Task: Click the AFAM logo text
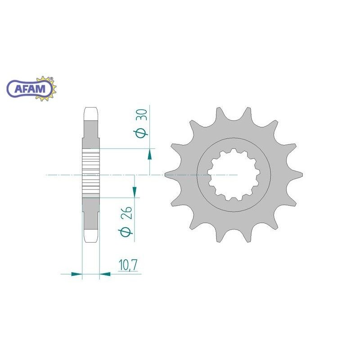(30, 89)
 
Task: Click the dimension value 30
(142, 115)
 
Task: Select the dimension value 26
(126, 213)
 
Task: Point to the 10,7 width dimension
(128, 265)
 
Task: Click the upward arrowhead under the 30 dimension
(150, 154)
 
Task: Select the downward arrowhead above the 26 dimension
(134, 192)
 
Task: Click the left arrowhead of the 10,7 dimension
(76, 274)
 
